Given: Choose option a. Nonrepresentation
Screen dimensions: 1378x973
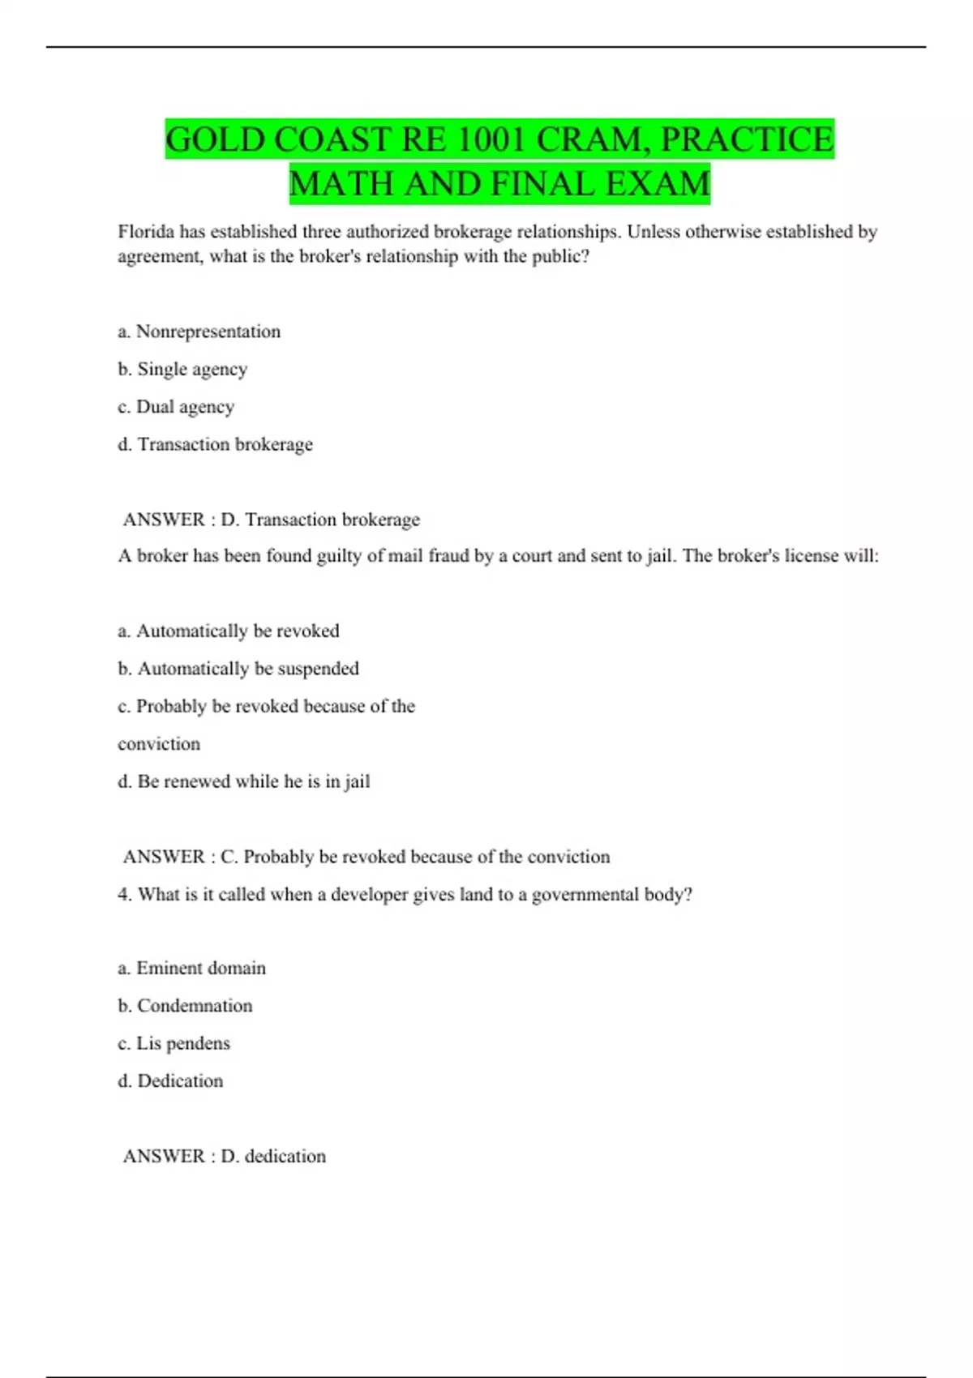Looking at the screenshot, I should (x=199, y=332).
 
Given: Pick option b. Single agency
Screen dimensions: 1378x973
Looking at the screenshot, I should (x=182, y=370).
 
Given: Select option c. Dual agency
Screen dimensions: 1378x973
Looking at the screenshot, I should (x=176, y=407).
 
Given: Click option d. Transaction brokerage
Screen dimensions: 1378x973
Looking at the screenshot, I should (x=215, y=444).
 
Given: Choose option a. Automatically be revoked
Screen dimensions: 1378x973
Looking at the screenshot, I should (x=229, y=631).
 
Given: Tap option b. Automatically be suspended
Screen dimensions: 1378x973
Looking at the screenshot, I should (x=238, y=669).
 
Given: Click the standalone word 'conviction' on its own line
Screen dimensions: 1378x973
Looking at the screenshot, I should (x=159, y=744).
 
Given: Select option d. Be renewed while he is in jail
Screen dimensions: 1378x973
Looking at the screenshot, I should (x=244, y=781).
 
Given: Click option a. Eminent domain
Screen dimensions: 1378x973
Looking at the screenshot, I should (x=192, y=968).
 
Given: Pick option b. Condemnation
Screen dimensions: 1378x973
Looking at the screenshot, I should (x=185, y=1006).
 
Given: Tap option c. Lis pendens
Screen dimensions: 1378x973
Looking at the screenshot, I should (x=174, y=1043).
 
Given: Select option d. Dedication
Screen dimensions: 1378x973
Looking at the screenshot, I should (x=170, y=1081).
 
